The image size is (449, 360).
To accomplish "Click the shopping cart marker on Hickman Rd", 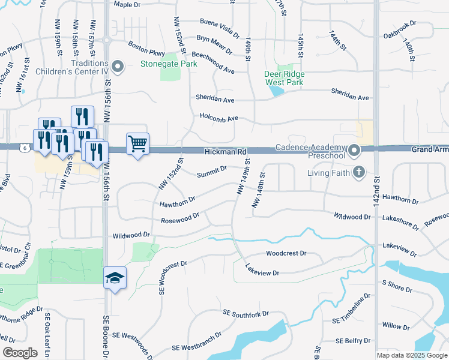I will [138, 145].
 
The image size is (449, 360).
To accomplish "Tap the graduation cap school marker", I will [115, 278].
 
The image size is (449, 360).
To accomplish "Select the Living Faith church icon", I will [358, 173].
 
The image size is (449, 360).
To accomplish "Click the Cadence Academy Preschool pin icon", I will [354, 149].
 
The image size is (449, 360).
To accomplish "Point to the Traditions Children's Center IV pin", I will [118, 68].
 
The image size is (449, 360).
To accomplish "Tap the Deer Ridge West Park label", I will [285, 78].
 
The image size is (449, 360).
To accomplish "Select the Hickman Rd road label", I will [225, 153].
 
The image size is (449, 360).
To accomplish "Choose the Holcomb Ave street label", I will [219, 118].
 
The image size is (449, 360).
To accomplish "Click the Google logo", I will [19, 353].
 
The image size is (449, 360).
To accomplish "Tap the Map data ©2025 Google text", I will [412, 355].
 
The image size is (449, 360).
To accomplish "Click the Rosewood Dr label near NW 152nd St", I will [180, 218].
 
